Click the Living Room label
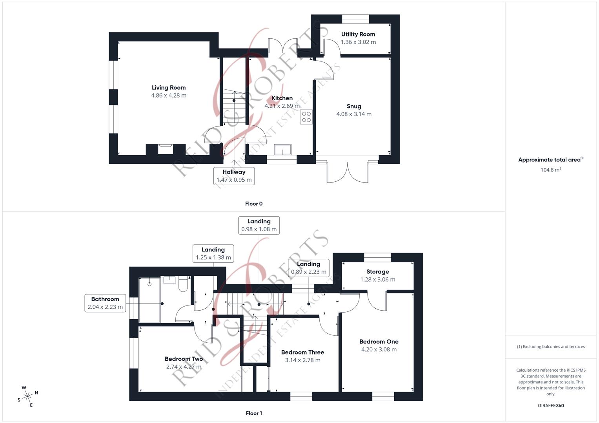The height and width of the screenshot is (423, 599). [169, 88]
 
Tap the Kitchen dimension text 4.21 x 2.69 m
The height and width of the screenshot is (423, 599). [282, 106]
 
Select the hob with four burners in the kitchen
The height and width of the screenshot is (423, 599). [306, 117]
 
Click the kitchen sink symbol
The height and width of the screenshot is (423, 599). [282, 150]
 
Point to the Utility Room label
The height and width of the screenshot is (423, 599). [358, 34]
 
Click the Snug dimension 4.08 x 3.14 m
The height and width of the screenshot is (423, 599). [353, 114]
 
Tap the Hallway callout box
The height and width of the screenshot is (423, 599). [234, 176]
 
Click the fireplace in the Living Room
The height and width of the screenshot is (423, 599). [165, 149]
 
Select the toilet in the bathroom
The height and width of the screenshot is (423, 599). [183, 284]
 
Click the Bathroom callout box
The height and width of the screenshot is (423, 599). [105, 303]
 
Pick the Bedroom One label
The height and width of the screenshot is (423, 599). [379, 342]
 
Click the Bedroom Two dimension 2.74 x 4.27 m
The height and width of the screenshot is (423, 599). [184, 367]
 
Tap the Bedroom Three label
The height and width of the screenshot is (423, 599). [302, 352]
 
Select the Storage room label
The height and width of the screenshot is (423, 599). [377, 272]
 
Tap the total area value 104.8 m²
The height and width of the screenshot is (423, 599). [550, 170]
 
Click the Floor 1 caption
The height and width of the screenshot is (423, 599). [254, 413]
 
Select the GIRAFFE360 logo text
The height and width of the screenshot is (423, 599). [550, 405]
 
